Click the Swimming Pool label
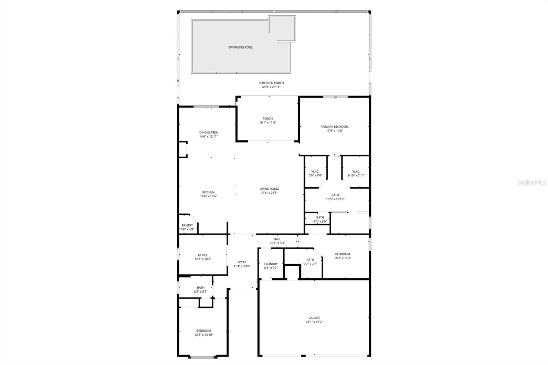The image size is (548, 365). (x=240, y=47)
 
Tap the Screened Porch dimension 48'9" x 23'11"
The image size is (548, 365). (x=271, y=87)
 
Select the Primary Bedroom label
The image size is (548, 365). (x=334, y=127)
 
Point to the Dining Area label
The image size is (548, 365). (x=208, y=133)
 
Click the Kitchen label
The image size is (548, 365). (x=208, y=192)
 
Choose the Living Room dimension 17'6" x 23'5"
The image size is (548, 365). (x=269, y=193)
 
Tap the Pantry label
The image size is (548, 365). (x=187, y=225)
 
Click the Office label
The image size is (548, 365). (x=203, y=255)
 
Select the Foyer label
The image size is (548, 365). (x=242, y=262)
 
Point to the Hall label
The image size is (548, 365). (x=277, y=239)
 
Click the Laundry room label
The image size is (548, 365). (x=271, y=264)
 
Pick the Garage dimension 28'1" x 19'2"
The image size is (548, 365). (x=314, y=322)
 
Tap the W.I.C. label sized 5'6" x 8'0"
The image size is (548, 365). (x=315, y=172)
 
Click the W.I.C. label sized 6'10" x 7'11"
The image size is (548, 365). (x=356, y=172)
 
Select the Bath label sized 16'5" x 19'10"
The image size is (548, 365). (x=335, y=195)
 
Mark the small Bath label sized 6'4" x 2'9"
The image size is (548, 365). (x=320, y=217)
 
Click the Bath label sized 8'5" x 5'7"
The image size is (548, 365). (x=201, y=288)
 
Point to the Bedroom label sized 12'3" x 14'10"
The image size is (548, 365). (x=203, y=331)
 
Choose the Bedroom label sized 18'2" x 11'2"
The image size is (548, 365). (x=342, y=254)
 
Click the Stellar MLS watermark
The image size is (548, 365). (x=532, y=183)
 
